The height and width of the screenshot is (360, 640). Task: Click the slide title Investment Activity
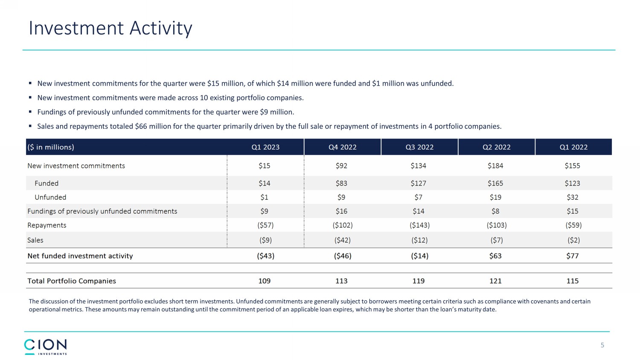pyautogui.click(x=111, y=29)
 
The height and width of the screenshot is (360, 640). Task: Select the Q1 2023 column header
pyautogui.click(x=265, y=147)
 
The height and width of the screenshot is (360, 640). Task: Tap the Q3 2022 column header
pyautogui.click(x=419, y=147)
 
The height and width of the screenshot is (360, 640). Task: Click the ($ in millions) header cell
pyautogui.click(x=51, y=147)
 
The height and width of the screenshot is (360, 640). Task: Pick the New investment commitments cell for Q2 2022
pyautogui.click(x=495, y=166)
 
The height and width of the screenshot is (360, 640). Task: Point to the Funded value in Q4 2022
pyautogui.click(x=341, y=183)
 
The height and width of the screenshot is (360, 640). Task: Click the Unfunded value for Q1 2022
pyautogui.click(x=572, y=197)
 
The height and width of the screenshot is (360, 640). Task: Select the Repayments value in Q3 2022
pyautogui.click(x=419, y=225)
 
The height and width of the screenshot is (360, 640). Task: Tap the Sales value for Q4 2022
pyautogui.click(x=342, y=240)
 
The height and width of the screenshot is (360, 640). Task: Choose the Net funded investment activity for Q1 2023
pyautogui.click(x=265, y=256)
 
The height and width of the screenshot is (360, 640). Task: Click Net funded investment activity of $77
pyautogui.click(x=572, y=256)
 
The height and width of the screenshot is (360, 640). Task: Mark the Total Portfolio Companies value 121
pyautogui.click(x=495, y=281)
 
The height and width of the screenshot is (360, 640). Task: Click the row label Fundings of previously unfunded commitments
pyautogui.click(x=102, y=212)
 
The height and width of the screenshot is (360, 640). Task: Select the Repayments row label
pyautogui.click(x=47, y=225)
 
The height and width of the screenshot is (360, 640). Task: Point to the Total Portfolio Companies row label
pyautogui.click(x=72, y=281)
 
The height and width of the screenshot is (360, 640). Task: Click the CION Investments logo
pyautogui.click(x=46, y=346)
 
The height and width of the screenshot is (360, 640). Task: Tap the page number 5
pyautogui.click(x=602, y=345)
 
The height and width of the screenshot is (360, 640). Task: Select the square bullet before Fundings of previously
pyautogui.click(x=30, y=112)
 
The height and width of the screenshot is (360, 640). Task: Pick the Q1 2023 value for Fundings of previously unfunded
pyautogui.click(x=264, y=212)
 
